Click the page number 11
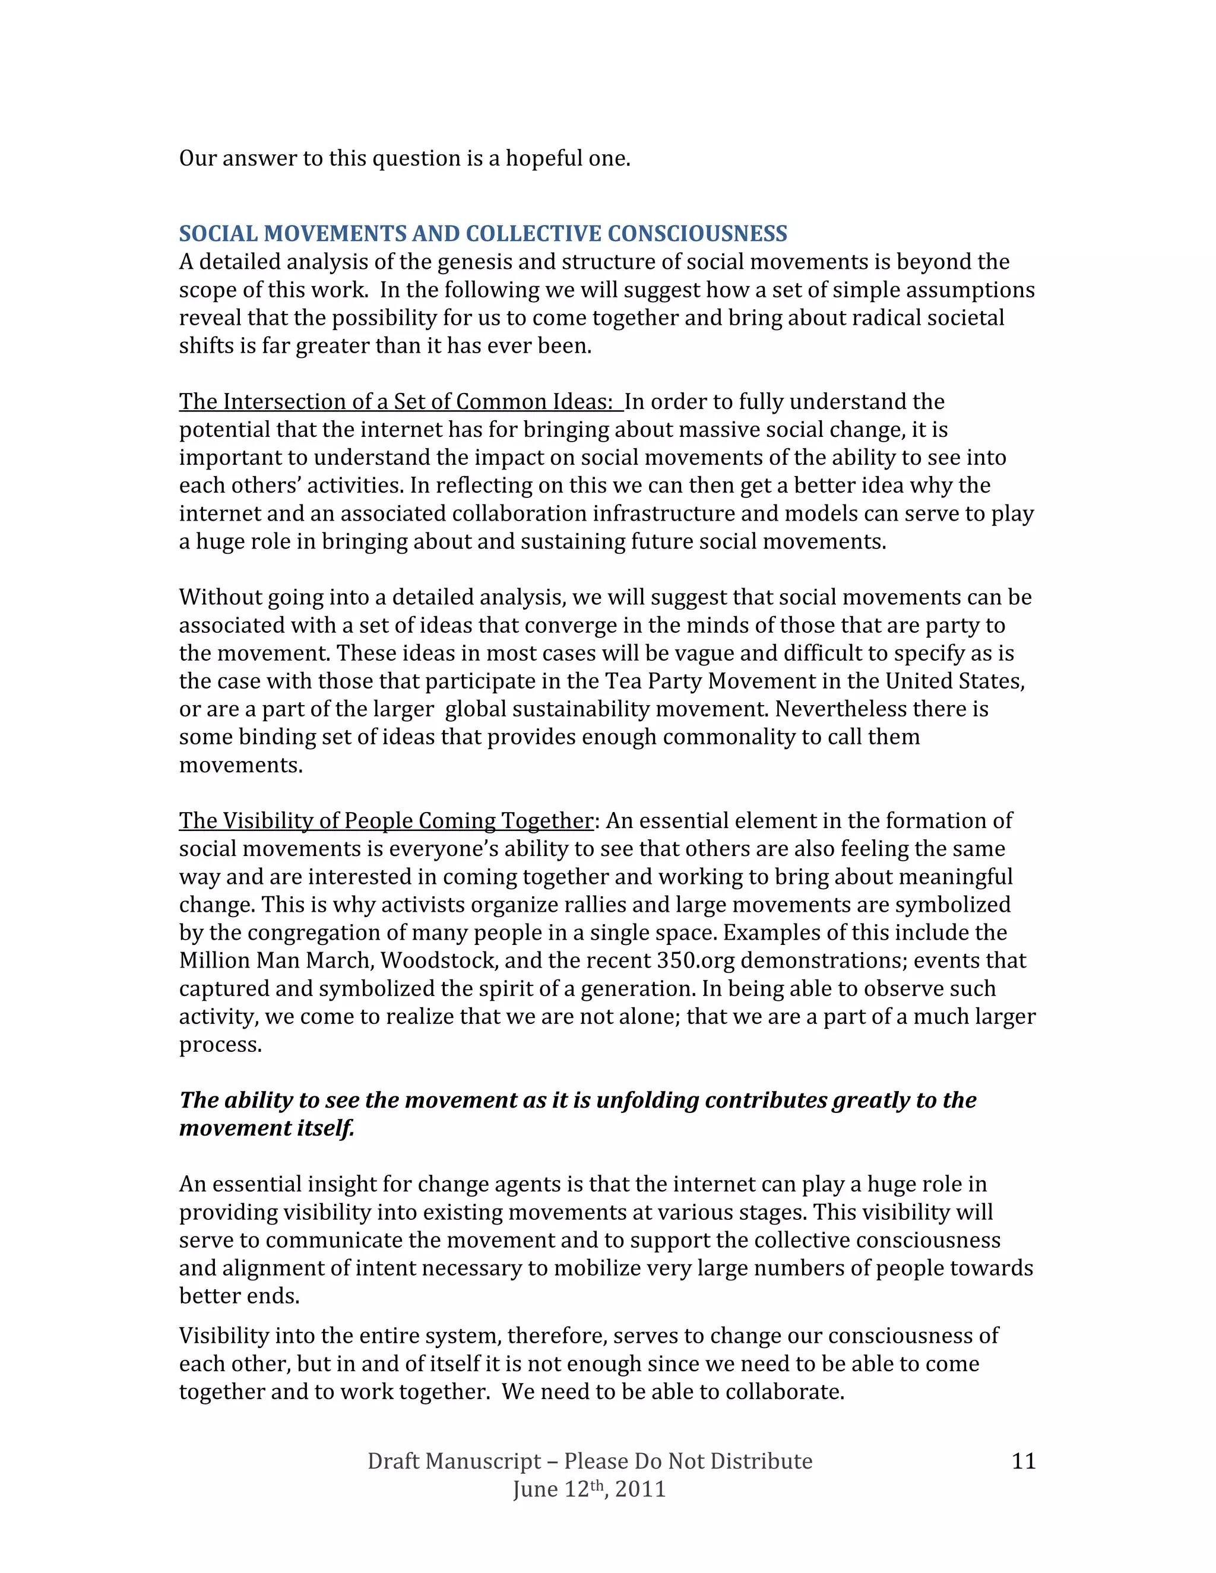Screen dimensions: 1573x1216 [x=1023, y=1461]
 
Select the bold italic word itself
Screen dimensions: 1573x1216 [x=325, y=1128]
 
